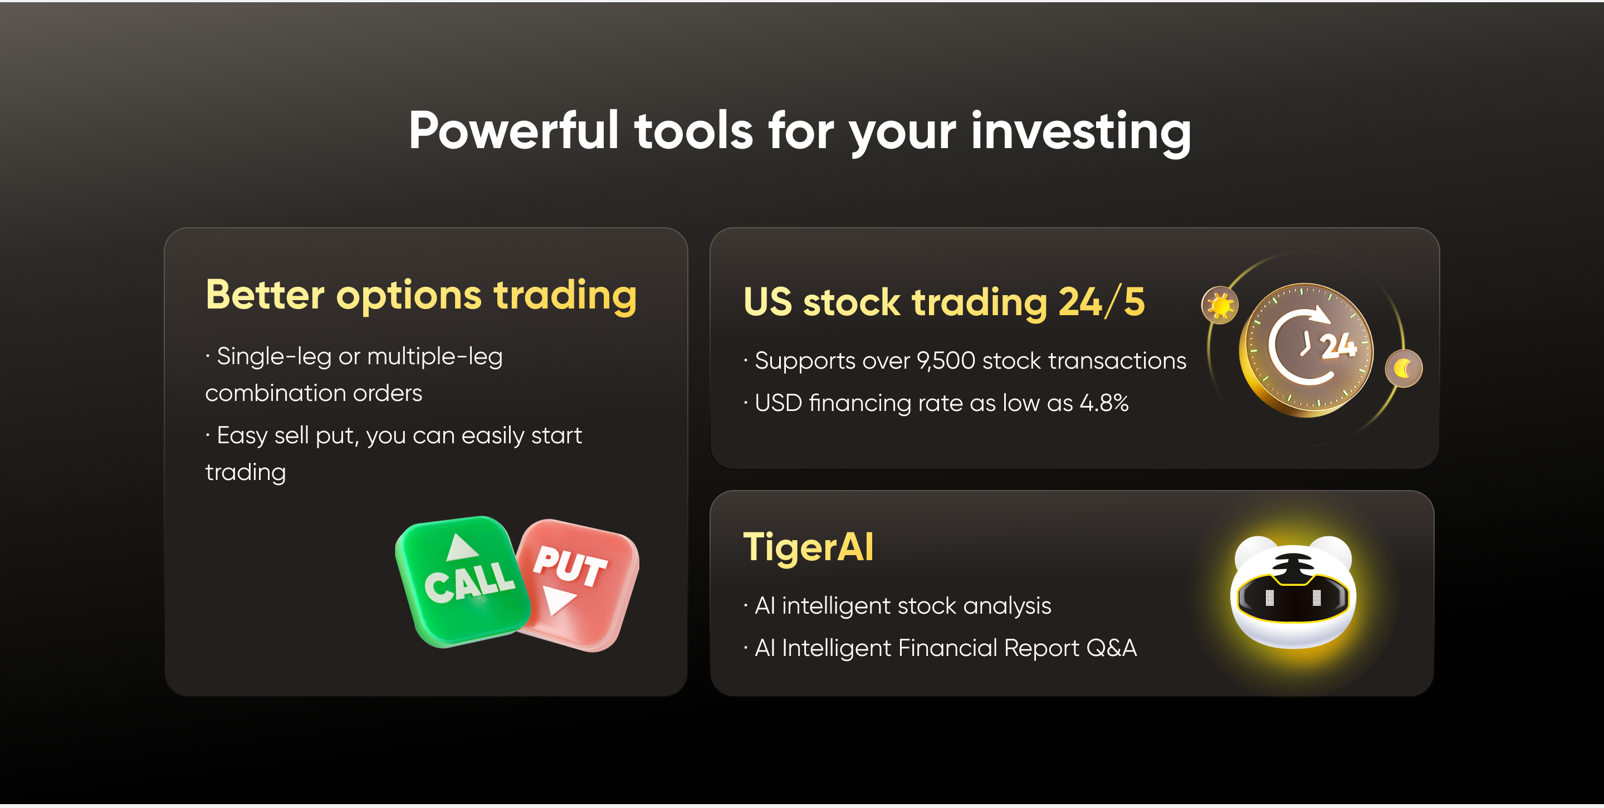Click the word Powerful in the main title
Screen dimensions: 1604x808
pyautogui.click(x=514, y=131)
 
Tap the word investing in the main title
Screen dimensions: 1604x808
pyautogui.click(x=1080, y=132)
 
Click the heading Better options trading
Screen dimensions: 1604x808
pyautogui.click(x=421, y=296)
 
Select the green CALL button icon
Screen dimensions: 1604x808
pyautogui.click(x=462, y=581)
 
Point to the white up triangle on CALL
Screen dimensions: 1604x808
pyautogui.click(x=462, y=547)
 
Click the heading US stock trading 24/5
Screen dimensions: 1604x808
pyautogui.click(x=944, y=302)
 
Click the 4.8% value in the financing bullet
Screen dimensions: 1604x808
pyautogui.click(x=1104, y=403)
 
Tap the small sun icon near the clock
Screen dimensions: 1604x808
pyautogui.click(x=1220, y=306)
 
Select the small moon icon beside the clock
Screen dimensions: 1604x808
pyautogui.click(x=1403, y=369)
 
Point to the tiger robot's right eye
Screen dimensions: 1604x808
pyautogui.click(x=1316, y=598)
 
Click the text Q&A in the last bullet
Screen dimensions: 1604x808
pyautogui.click(x=1112, y=648)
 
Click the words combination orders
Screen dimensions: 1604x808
pyautogui.click(x=314, y=393)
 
